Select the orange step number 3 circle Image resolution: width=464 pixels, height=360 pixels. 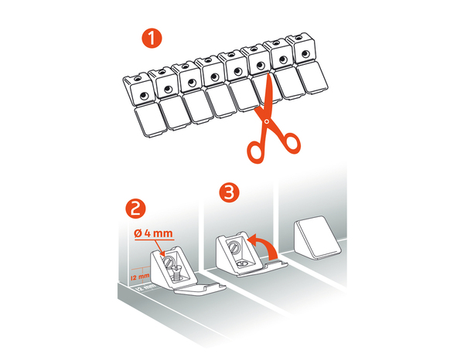click(229, 192)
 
